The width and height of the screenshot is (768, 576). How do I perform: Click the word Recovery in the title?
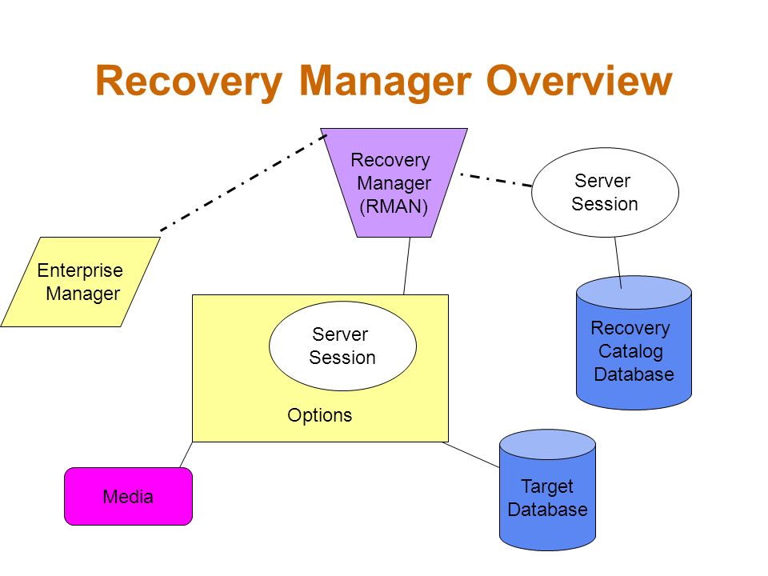click(189, 82)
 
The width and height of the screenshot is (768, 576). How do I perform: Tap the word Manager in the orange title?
click(385, 82)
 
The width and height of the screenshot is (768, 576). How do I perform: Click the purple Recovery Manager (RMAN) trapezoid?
click(394, 182)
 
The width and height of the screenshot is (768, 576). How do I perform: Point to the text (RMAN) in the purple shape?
click(394, 206)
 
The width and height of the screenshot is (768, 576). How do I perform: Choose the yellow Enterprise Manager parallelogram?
click(80, 282)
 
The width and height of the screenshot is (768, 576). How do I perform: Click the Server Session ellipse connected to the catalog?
click(605, 192)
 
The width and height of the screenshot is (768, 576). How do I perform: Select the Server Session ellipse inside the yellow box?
click(342, 346)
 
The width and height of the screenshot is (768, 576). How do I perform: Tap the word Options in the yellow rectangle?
click(319, 415)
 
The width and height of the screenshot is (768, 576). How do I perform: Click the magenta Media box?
click(128, 496)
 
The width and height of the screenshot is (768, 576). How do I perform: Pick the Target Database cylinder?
click(547, 490)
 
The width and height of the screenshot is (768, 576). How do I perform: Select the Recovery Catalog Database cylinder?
click(634, 342)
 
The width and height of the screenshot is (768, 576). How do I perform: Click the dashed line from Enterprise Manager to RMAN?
click(243, 182)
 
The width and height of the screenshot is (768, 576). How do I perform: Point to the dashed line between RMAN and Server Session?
click(496, 180)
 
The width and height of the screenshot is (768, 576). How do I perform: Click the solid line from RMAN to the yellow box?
click(406, 266)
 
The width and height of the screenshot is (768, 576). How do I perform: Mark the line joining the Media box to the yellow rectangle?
click(186, 454)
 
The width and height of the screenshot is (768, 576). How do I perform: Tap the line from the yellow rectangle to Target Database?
click(470, 454)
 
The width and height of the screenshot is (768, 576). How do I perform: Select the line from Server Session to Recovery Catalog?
click(618, 263)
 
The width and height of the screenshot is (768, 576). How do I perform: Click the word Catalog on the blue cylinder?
click(630, 351)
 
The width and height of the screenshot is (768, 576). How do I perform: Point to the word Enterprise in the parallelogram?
click(80, 270)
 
